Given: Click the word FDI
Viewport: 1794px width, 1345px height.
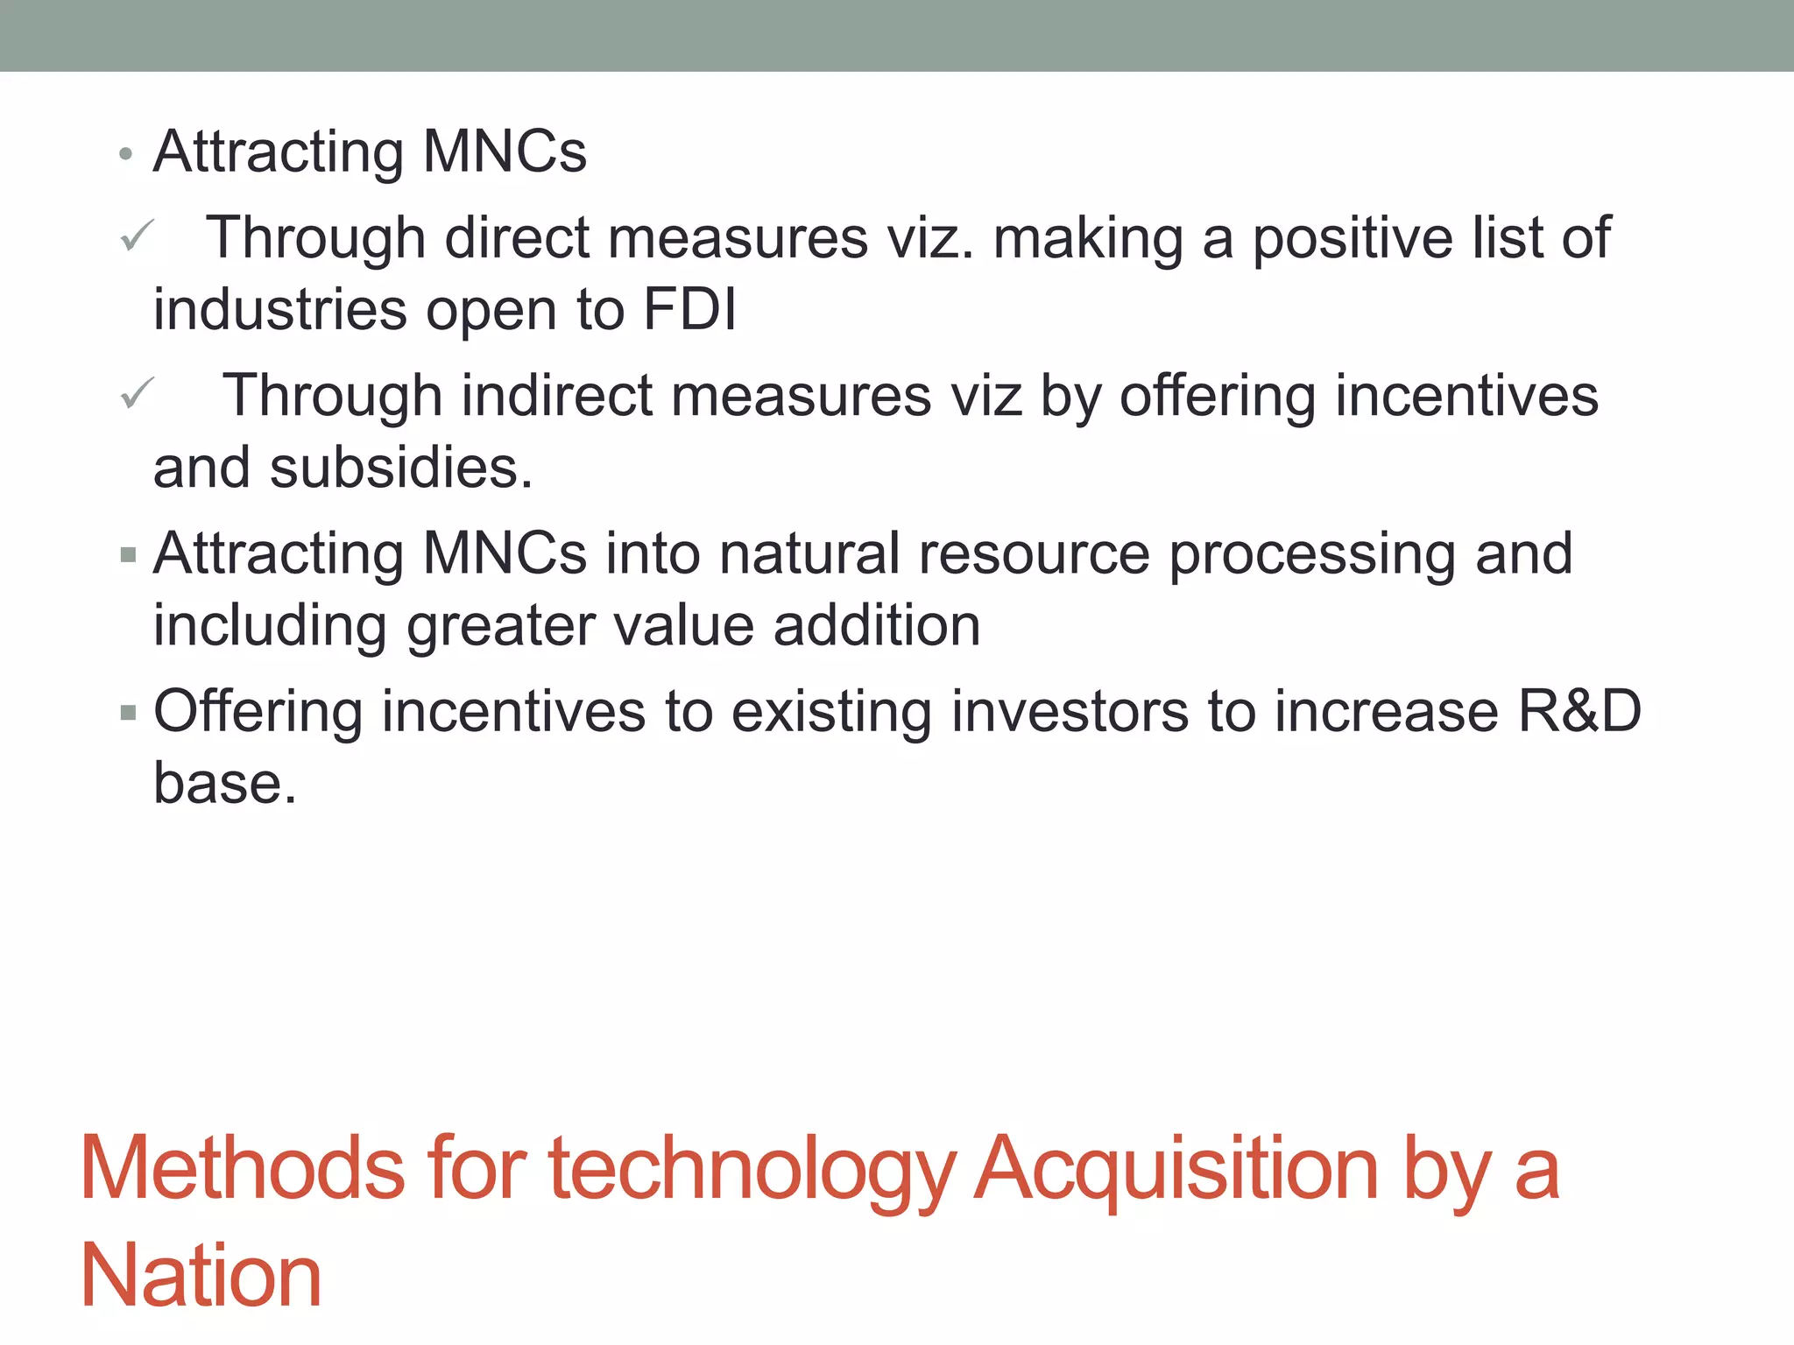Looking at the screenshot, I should coord(689,309).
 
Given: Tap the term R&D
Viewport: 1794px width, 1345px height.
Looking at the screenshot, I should coord(1579,710).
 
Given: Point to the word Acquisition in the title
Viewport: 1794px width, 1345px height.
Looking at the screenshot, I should coord(1176,1169).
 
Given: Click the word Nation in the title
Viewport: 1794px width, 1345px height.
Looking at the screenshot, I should coord(201,1277).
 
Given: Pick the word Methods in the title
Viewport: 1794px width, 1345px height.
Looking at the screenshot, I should coord(243,1169).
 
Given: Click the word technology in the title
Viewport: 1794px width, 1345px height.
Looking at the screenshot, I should coord(751,1169).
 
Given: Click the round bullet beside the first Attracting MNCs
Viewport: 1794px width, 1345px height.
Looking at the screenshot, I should coord(126,154).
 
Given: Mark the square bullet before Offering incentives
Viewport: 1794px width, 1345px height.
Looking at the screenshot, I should coord(128,712).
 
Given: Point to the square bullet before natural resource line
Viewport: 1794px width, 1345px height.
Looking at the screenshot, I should coord(128,554).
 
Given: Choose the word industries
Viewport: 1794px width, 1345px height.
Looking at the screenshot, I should coord(280,309).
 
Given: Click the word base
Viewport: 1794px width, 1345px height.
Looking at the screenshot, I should coord(224,782).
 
